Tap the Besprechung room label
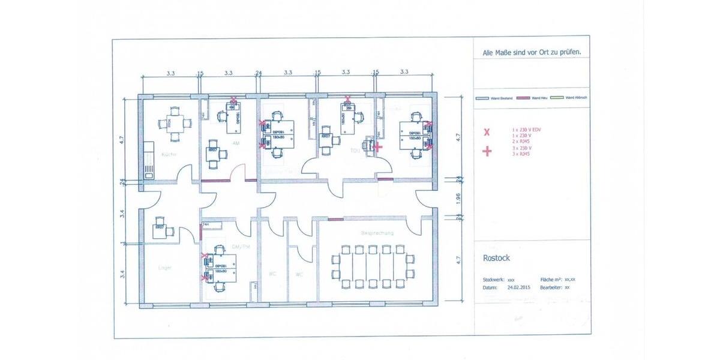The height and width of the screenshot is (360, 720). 377,232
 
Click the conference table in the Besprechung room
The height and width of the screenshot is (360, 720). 373,265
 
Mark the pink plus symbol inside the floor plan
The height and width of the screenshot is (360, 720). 378,146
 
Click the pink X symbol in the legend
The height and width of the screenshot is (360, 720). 487,132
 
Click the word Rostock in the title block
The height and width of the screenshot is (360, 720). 496,259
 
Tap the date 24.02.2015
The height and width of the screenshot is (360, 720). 519,287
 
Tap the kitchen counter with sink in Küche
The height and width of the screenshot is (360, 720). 148,160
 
